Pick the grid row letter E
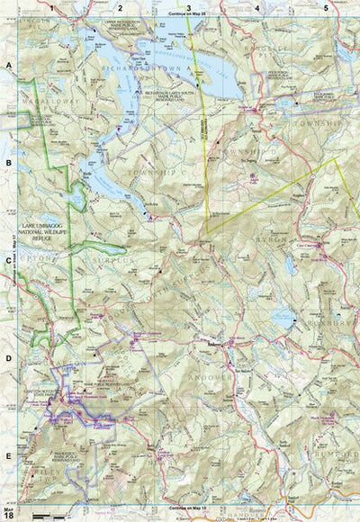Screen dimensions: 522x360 coord(9,455)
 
